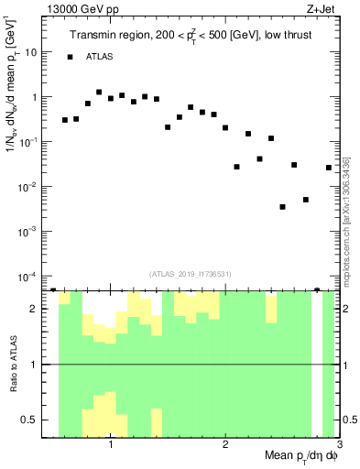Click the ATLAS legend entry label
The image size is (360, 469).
pyautogui.click(x=101, y=57)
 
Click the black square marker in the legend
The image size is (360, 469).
pyautogui.click(x=70, y=57)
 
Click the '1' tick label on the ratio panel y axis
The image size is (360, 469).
pyautogui.click(x=35, y=365)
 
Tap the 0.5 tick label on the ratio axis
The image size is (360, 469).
pyautogui.click(x=30, y=420)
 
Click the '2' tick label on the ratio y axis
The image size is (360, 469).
pyautogui.click(x=35, y=309)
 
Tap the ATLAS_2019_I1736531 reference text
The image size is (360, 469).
pyautogui.click(x=190, y=273)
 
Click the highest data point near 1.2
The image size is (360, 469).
pyautogui.click(x=99, y=93)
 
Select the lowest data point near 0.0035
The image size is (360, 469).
pyautogui.click(x=283, y=207)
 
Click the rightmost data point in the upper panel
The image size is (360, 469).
pyautogui.click(x=329, y=168)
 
